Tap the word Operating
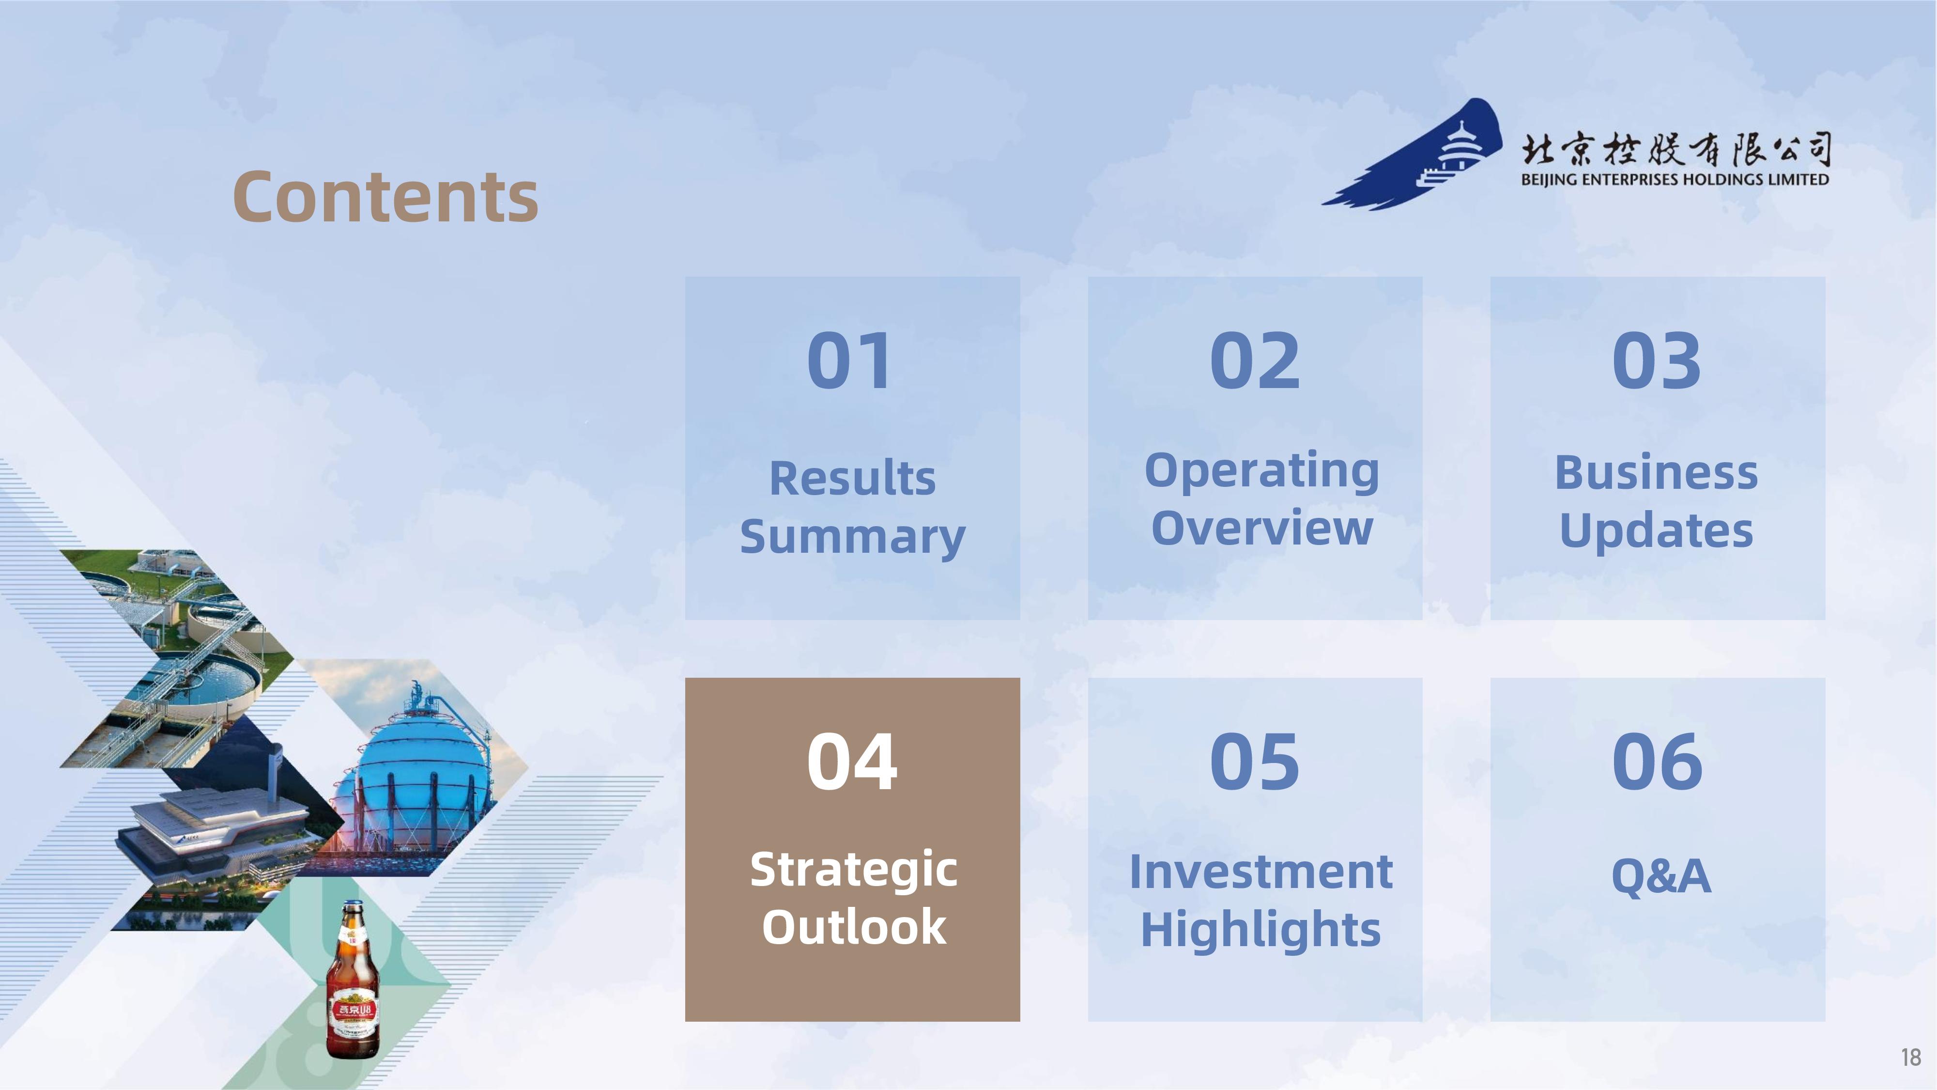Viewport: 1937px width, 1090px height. pos(1262,472)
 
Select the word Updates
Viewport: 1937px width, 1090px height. pos(1657,531)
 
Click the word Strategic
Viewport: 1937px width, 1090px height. pos(853,871)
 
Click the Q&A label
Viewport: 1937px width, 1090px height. pos(1661,875)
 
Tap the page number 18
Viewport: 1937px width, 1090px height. pos(1911,1058)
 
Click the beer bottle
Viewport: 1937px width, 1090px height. pos(353,980)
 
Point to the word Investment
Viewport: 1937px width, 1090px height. pos(1261,872)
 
